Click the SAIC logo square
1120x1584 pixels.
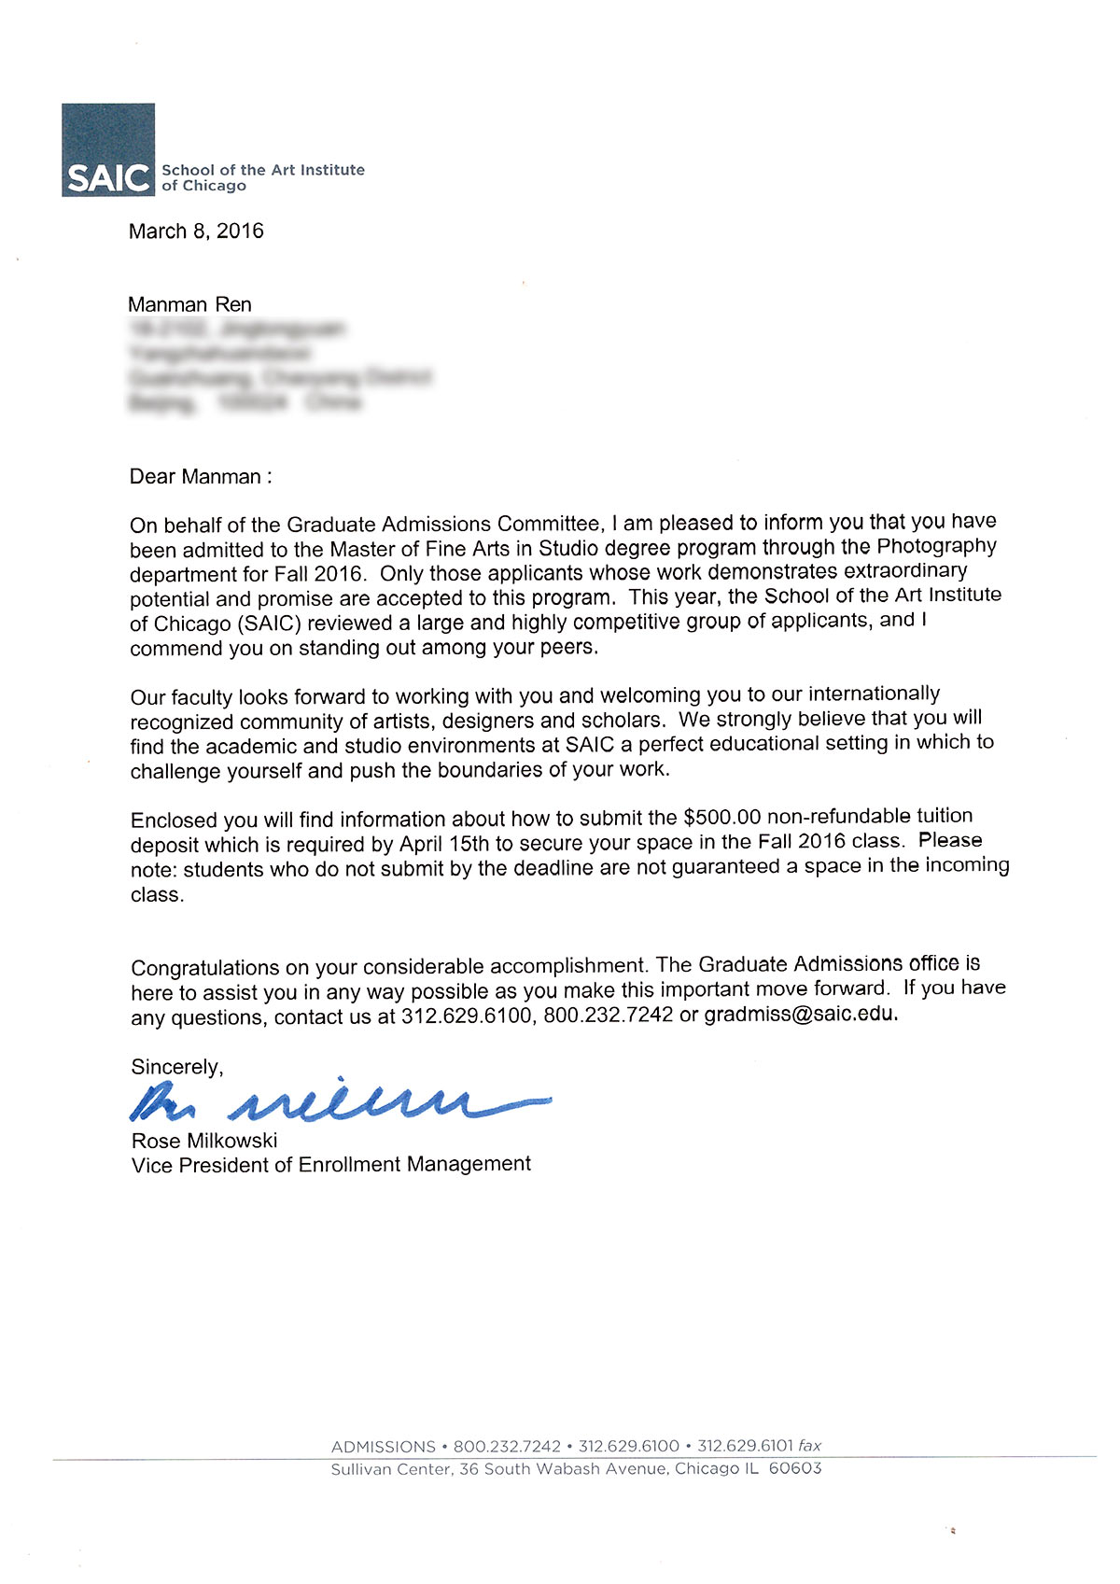pos(108,149)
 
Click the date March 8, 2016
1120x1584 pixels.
pos(196,231)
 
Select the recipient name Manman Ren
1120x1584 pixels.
pos(189,304)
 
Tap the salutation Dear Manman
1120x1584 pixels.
pos(201,477)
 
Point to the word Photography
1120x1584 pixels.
pos(936,546)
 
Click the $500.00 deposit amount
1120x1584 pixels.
pos(722,818)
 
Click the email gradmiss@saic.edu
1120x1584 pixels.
pos(800,1014)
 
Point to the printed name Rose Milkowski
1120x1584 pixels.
pos(204,1141)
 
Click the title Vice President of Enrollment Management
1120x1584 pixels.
pos(331,1165)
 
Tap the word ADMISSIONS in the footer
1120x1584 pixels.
pos(383,1447)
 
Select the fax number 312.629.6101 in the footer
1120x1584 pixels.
pos(745,1446)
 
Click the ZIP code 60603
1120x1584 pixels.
pos(795,1468)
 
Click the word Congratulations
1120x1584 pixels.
pos(205,967)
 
